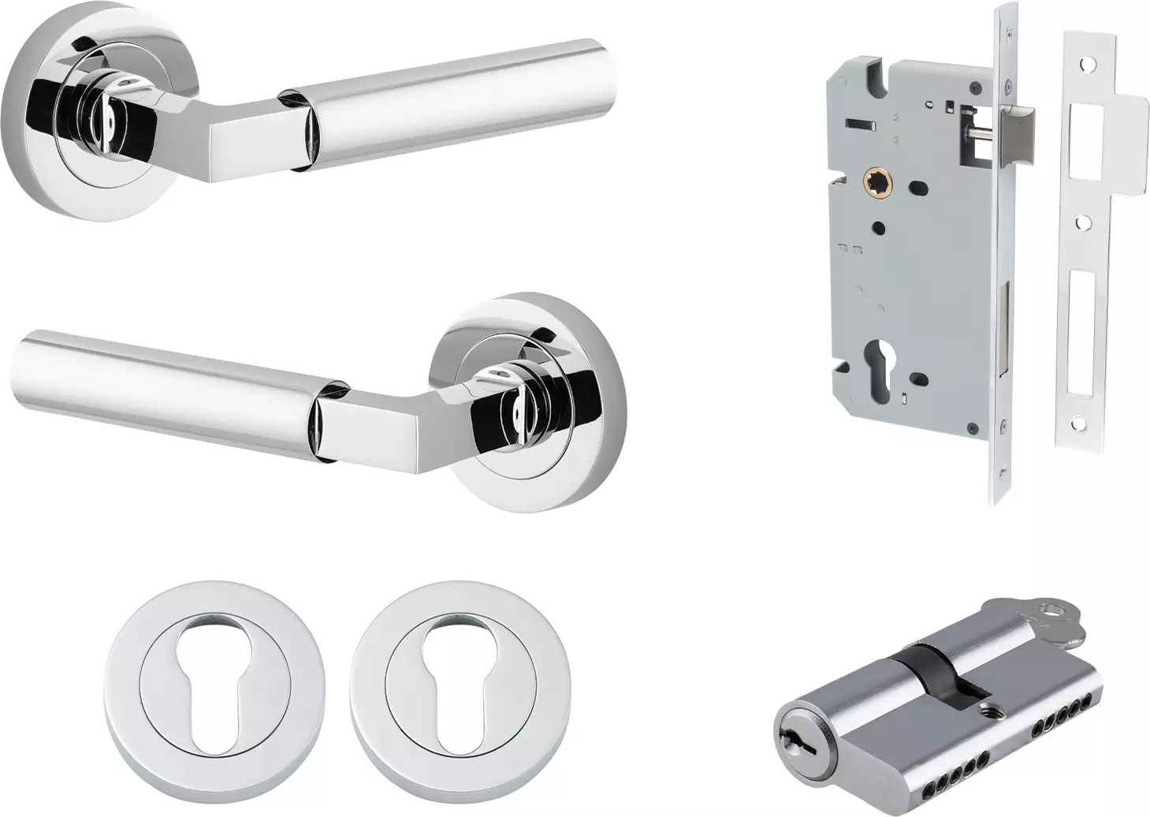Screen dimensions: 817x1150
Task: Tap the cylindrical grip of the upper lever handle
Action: click(457, 99)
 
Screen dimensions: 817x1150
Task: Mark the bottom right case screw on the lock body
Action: click(999, 427)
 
